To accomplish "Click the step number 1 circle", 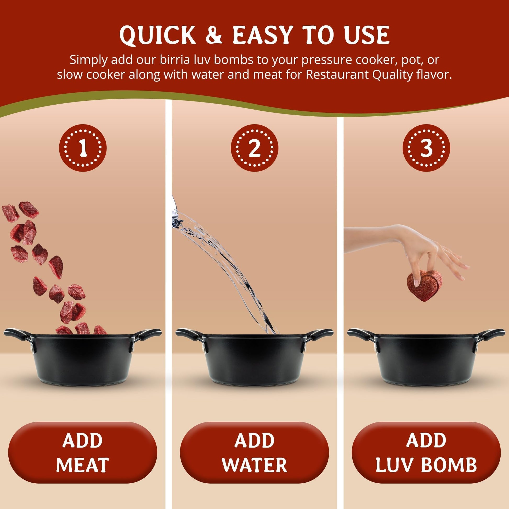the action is (x=83, y=148).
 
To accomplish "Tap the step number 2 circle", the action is (x=254, y=148).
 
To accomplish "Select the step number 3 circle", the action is (x=426, y=148).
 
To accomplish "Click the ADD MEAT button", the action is (x=83, y=452).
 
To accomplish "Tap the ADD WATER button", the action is (x=254, y=452).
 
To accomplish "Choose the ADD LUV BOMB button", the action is (x=426, y=452).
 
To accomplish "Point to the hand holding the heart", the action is (x=411, y=250).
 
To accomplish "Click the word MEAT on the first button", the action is (x=82, y=465).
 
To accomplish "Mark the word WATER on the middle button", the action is (x=254, y=465).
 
